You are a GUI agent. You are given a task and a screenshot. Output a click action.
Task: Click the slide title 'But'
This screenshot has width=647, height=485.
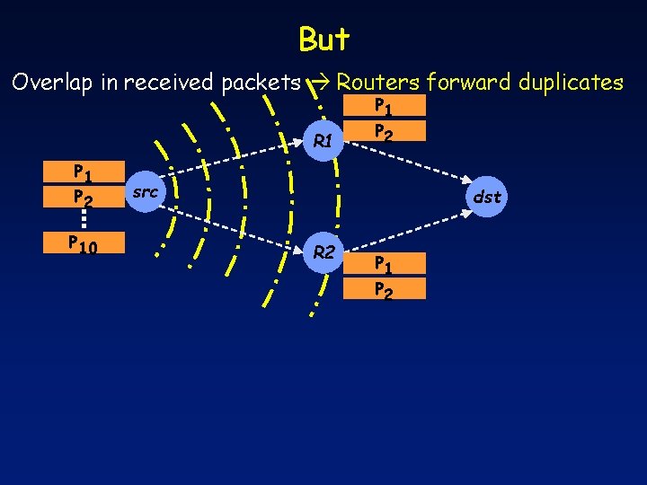pos(323,40)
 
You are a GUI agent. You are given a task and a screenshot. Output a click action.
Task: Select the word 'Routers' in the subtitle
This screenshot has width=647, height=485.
pos(378,83)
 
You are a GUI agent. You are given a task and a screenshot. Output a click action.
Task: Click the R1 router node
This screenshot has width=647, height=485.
pos(323,141)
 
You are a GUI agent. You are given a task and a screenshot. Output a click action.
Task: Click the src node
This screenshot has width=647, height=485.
pos(145,192)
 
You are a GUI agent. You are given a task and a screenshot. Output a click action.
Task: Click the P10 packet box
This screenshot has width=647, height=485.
pos(84,243)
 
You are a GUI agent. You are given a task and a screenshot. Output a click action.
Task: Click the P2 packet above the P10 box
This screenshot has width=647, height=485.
pos(84,197)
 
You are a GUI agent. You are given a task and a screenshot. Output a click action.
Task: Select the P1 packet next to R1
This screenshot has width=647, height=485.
pos(384,109)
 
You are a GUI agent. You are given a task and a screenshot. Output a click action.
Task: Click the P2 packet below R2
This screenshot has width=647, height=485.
pos(384,288)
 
